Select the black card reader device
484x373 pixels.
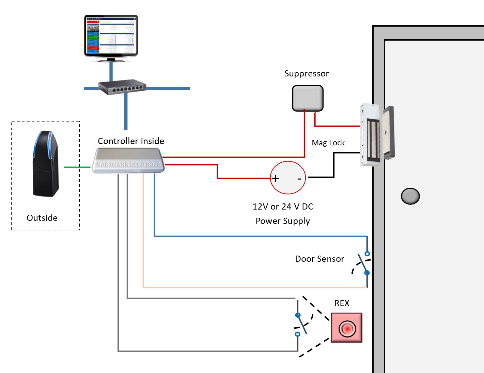46,164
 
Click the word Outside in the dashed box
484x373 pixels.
42,218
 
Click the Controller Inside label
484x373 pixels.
131,141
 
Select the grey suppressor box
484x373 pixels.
308,98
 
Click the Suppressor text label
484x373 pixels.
307,74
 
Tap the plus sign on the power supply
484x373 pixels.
275,178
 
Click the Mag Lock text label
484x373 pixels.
328,143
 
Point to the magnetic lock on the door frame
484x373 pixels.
376,135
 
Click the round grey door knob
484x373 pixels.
410,196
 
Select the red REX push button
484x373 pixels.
347,328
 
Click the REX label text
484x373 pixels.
342,303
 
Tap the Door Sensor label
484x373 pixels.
319,259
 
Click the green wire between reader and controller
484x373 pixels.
77,167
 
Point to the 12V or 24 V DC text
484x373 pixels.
283,206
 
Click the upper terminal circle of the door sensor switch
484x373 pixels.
367,254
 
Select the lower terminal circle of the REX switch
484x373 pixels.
297,334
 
